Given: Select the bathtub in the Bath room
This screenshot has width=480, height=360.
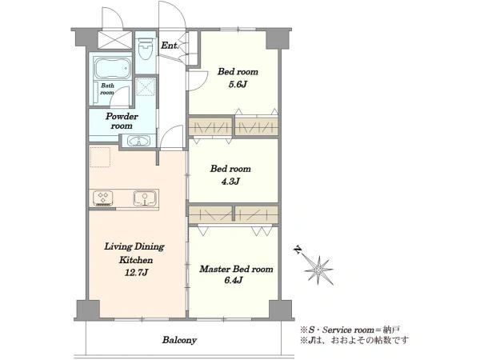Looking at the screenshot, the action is coord(112,68).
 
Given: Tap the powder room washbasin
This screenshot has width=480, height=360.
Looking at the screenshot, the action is coord(138,141).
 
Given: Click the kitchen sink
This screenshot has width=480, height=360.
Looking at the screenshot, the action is coord(145,198).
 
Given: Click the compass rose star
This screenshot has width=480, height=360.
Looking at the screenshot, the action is coord(319,270).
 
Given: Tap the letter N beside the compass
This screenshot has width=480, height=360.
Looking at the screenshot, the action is coord(298,250).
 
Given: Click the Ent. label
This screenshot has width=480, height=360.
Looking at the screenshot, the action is coord(170,46).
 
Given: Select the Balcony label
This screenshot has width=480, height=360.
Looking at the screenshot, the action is coord(179,340).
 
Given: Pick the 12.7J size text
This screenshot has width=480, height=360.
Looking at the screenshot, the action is coord(137,272).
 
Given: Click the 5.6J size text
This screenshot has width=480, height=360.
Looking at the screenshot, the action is coord(238,84).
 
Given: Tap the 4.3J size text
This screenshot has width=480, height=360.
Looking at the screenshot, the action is coord(230,182).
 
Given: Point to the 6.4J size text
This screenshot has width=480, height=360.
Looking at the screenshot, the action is coord(234,280).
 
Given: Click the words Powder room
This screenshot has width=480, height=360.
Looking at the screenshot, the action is coord(122,121).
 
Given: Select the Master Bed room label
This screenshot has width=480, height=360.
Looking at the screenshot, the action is coord(236,269).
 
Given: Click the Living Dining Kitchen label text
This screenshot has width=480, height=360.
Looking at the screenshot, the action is coord(134,253).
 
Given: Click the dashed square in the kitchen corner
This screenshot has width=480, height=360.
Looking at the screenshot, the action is coord(100,157).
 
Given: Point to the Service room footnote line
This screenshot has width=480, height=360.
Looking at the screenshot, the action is coord(350,330).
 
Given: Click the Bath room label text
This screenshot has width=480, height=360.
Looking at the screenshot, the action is coord(107,89).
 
